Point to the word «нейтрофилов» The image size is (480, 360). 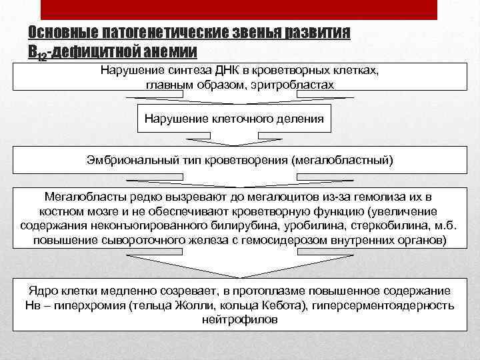point(239,319)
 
